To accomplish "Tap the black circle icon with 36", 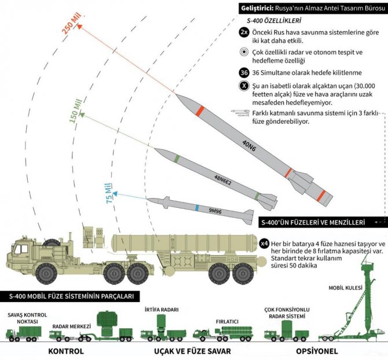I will [244, 72].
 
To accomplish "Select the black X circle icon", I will [244, 86].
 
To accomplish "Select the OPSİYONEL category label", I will [310, 351].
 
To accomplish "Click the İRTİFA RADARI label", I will [158, 310].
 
